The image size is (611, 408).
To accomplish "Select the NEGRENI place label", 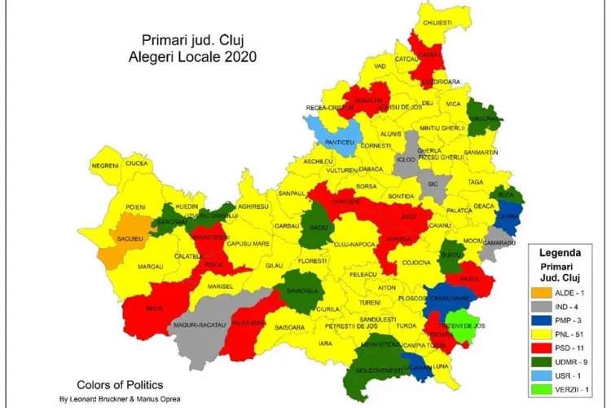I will click(x=106, y=165).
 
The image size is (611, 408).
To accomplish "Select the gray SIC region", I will click(x=433, y=184).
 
